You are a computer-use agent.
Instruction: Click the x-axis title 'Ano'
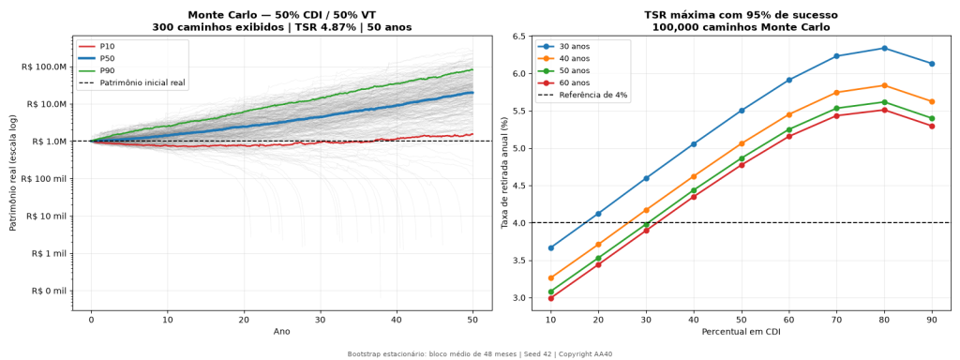tap(282, 331)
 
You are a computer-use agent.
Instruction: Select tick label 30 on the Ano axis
tap(321, 319)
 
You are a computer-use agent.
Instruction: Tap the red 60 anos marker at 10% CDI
tap(551, 298)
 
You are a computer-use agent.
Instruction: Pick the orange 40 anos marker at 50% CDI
tap(742, 143)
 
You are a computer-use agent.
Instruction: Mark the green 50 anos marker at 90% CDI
tap(932, 118)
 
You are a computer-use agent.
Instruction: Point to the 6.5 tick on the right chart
tap(519, 37)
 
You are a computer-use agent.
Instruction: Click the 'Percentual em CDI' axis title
tap(742, 331)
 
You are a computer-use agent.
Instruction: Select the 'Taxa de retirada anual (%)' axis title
tap(505, 172)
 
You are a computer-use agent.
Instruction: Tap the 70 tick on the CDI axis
tap(836, 319)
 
